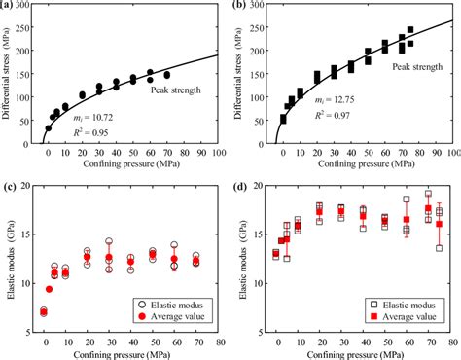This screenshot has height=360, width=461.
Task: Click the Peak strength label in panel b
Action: (415, 67)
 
